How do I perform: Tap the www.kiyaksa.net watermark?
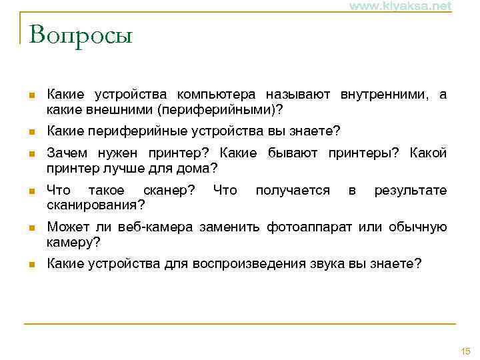400,6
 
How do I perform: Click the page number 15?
465,351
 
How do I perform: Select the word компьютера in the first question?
219,95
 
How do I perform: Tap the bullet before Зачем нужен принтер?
30,154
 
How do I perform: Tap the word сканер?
169,190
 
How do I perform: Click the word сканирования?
96,203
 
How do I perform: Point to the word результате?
411,190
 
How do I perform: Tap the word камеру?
73,241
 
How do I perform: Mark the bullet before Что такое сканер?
30,191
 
